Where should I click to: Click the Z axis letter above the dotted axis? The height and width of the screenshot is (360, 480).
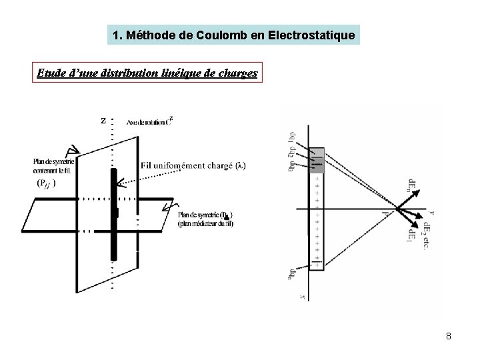click(x=103, y=121)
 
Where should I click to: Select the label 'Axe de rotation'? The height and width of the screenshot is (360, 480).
click(x=147, y=122)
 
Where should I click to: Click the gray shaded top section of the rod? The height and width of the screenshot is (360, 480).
click(x=317, y=159)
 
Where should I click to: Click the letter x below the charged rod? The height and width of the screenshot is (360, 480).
click(x=303, y=294)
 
